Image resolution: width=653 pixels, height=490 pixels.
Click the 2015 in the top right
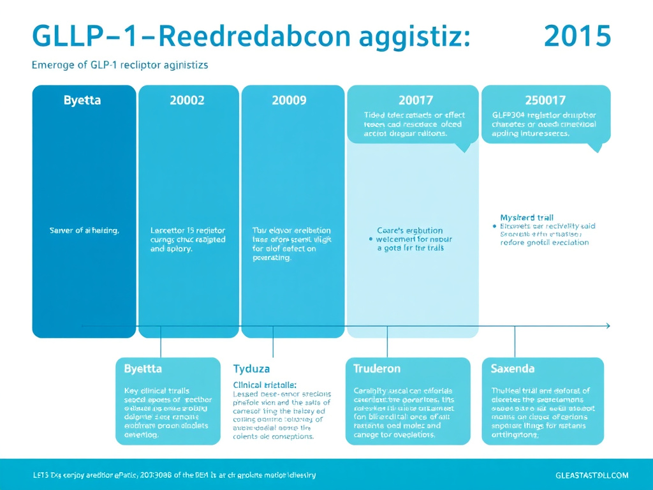click(577, 36)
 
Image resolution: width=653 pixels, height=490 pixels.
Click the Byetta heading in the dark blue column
click(82, 100)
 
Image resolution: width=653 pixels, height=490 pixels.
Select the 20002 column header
click(187, 100)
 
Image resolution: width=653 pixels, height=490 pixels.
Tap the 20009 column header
click(289, 100)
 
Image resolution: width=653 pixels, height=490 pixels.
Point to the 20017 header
click(415, 100)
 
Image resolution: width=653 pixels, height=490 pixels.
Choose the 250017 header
click(545, 100)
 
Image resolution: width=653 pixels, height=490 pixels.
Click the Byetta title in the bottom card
click(143, 369)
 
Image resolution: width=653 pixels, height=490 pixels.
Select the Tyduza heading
click(252, 369)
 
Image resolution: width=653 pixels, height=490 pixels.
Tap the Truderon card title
click(377, 369)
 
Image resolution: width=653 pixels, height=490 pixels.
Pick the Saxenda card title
click(513, 369)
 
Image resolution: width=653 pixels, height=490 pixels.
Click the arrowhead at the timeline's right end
click(608, 326)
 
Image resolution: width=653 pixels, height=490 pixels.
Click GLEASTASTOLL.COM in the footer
click(592, 475)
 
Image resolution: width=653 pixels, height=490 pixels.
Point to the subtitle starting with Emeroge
click(119, 65)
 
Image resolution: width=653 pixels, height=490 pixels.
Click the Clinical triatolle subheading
click(265, 385)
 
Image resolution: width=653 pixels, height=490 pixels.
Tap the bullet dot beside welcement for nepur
click(371, 239)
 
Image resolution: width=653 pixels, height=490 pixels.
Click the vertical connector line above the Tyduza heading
click(273, 341)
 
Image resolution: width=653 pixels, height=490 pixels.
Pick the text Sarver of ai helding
click(84, 230)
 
